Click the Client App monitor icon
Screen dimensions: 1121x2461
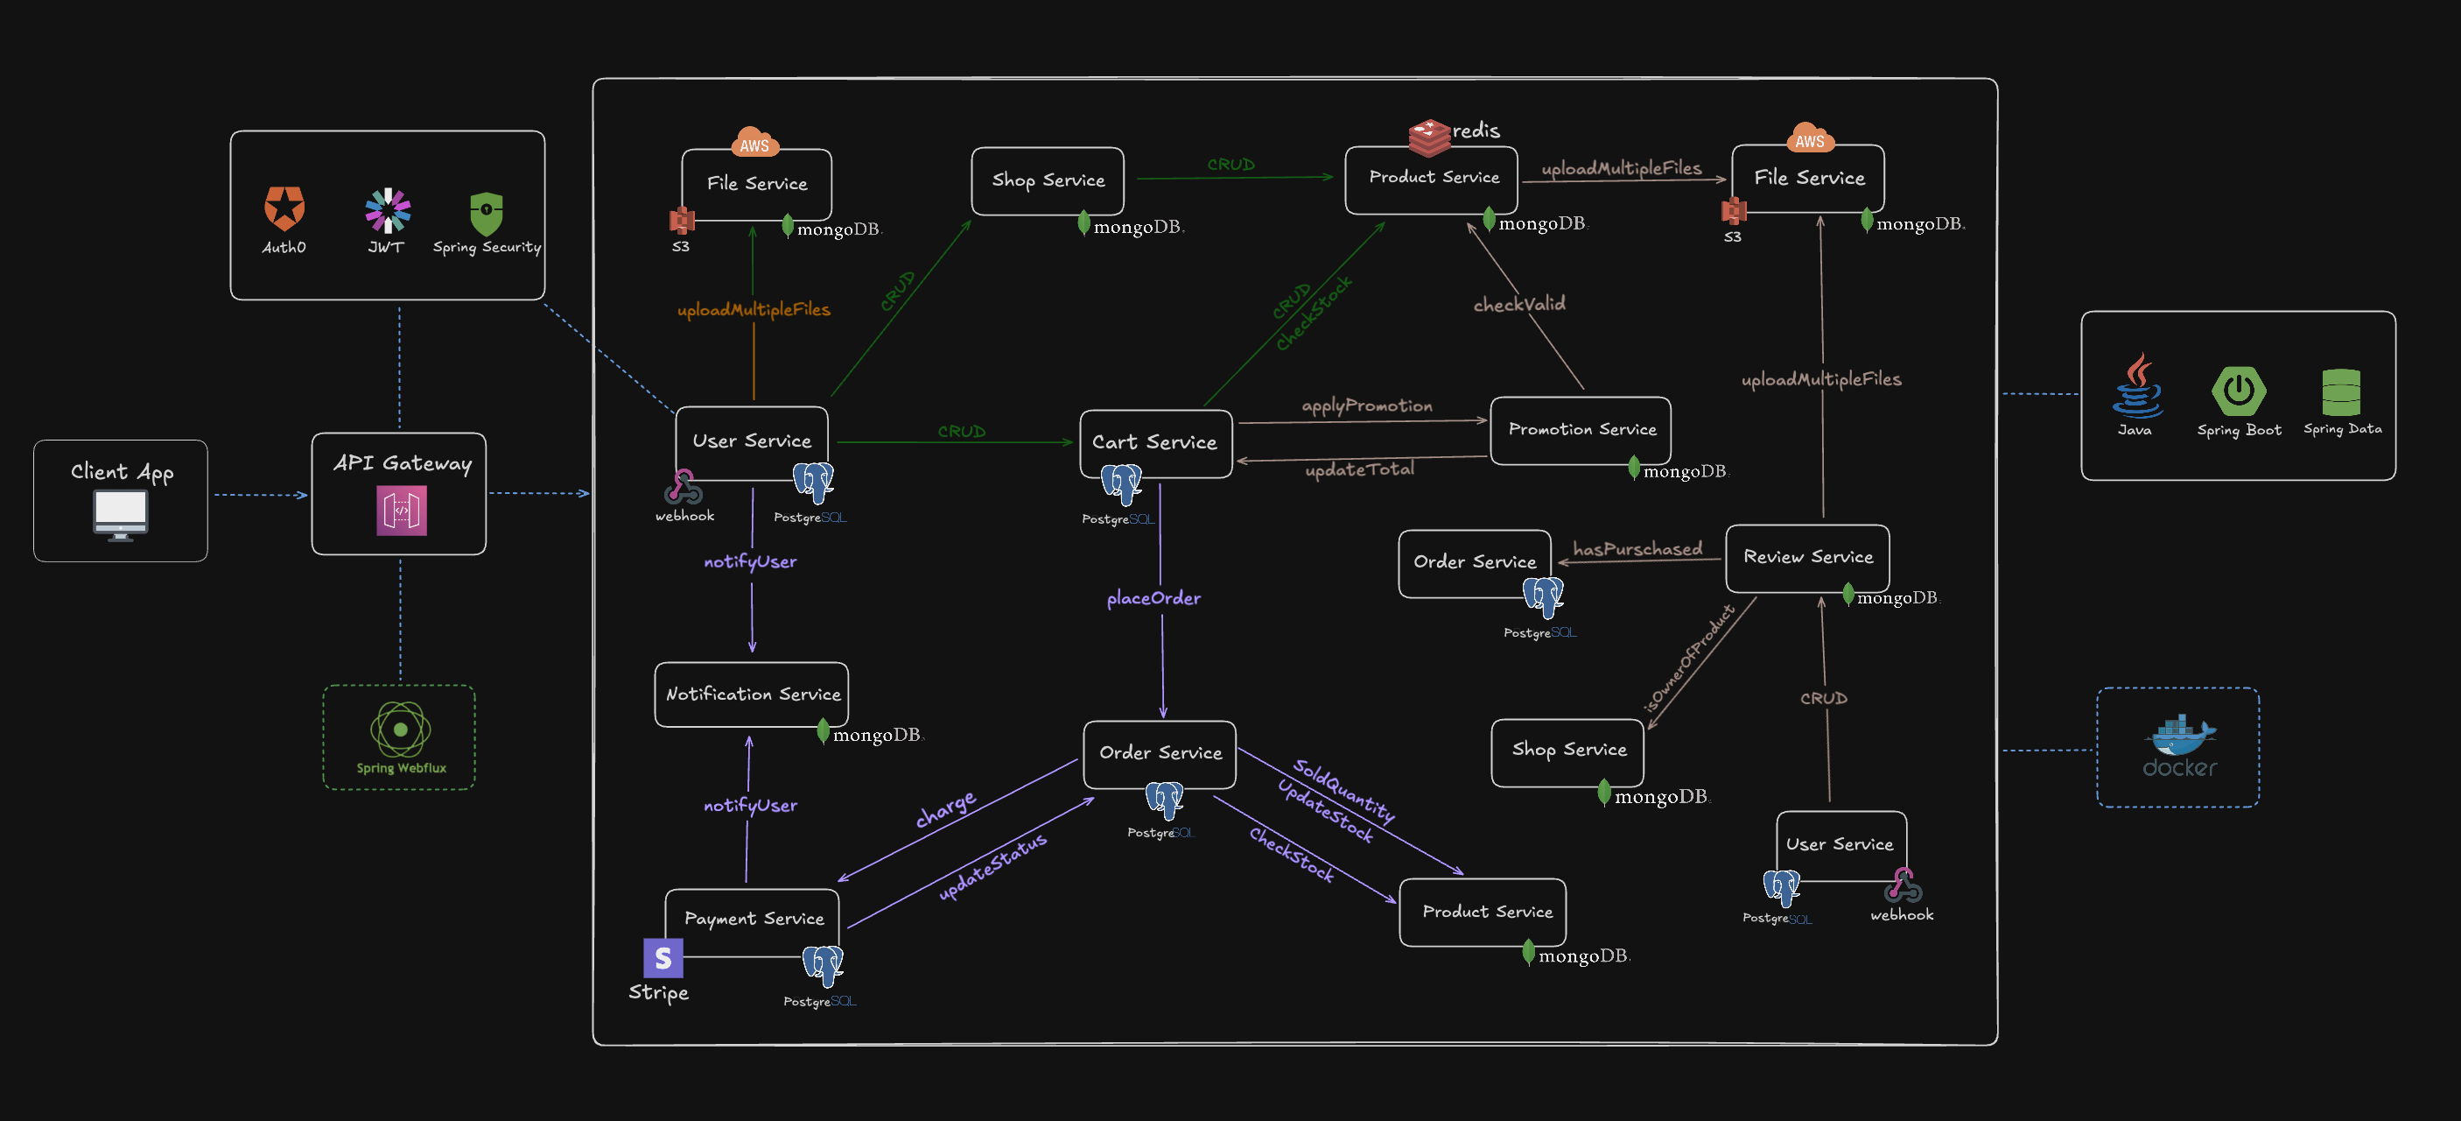121,514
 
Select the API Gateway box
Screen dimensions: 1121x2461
399,493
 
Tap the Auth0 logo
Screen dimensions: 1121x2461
284,208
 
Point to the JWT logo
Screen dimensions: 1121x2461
387,210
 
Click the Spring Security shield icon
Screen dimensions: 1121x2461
487,213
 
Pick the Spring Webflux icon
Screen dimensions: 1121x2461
400,730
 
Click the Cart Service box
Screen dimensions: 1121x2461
1155,442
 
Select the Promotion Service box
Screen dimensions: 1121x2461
1581,430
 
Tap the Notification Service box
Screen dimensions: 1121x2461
752,694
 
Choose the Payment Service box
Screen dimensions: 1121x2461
753,920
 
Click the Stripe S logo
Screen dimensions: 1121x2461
663,957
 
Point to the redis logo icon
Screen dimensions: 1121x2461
1429,137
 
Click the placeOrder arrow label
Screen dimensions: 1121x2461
1153,598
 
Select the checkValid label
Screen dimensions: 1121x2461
1519,304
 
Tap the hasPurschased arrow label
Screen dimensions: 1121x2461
1637,549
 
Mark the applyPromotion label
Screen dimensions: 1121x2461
1367,405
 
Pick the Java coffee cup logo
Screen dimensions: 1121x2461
2137,387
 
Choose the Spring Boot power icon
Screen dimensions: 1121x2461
2239,391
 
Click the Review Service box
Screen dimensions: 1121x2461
1807,557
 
